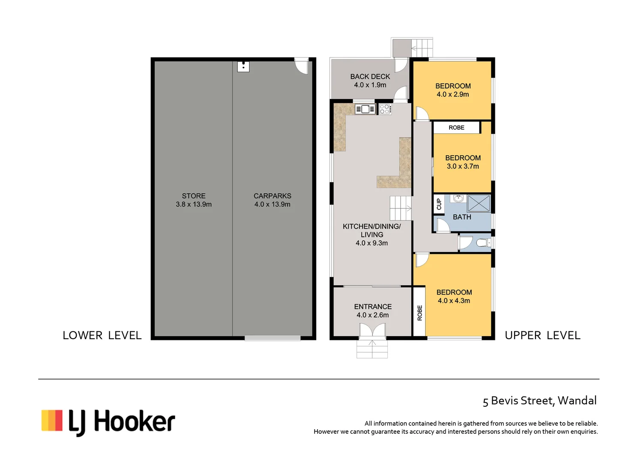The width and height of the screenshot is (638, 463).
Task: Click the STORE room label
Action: pos(194,196)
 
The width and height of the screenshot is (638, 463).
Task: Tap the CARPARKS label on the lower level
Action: pos(272,196)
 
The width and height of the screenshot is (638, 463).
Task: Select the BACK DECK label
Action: pos(370,77)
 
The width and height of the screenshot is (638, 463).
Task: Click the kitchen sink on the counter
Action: pos(365,109)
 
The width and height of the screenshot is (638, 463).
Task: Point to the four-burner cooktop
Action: pos(385,109)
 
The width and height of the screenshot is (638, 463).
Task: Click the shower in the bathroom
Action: pos(479,203)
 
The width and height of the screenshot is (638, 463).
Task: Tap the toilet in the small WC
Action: pos(483,243)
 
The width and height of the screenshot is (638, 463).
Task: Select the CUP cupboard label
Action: pos(439,204)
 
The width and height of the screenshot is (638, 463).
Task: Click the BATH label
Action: pos(462,217)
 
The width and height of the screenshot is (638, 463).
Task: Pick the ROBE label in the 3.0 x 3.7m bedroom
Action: pos(456,128)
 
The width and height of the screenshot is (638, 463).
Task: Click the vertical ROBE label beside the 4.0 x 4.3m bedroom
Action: pos(419,313)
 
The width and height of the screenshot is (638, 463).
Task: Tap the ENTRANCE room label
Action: pos(373,307)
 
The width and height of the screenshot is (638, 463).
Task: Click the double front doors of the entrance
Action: pos(372,330)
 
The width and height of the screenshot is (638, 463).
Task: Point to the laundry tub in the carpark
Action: pos(243,67)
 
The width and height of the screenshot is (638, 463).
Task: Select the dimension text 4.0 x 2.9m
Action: pos(453,94)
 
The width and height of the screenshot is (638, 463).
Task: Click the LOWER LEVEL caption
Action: pos(102,335)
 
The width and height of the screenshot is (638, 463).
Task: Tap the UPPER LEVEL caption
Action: pos(542,335)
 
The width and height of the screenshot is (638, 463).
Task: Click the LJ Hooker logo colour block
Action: pos(52,420)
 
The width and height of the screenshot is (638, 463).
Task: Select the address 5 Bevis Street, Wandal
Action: pos(539,400)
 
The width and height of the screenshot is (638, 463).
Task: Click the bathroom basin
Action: pos(458,198)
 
